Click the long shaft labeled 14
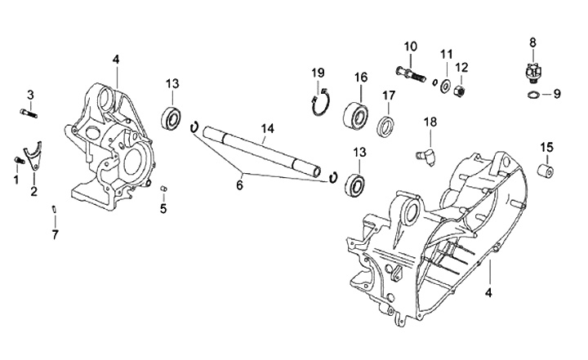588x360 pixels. (262, 152)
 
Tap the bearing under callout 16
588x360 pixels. (355, 112)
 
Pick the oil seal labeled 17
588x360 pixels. (385, 127)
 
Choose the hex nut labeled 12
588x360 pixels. (460, 91)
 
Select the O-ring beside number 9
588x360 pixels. (533, 94)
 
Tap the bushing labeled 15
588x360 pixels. (545, 171)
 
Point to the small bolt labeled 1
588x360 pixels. (19, 159)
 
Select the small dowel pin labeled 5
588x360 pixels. (163, 188)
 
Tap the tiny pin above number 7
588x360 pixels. (54, 209)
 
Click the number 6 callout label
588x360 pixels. (239, 184)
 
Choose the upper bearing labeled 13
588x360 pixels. (172, 118)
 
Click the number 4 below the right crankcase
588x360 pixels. (488, 292)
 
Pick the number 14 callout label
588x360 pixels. (267, 129)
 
